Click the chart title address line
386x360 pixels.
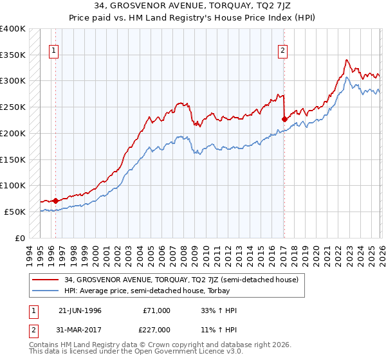192,7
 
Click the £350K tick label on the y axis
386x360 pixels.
13,55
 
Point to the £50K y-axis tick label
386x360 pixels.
15,212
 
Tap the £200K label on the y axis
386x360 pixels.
13,133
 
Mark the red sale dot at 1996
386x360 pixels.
56,201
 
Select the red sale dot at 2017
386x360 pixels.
284,119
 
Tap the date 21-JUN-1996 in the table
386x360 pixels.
80,310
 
